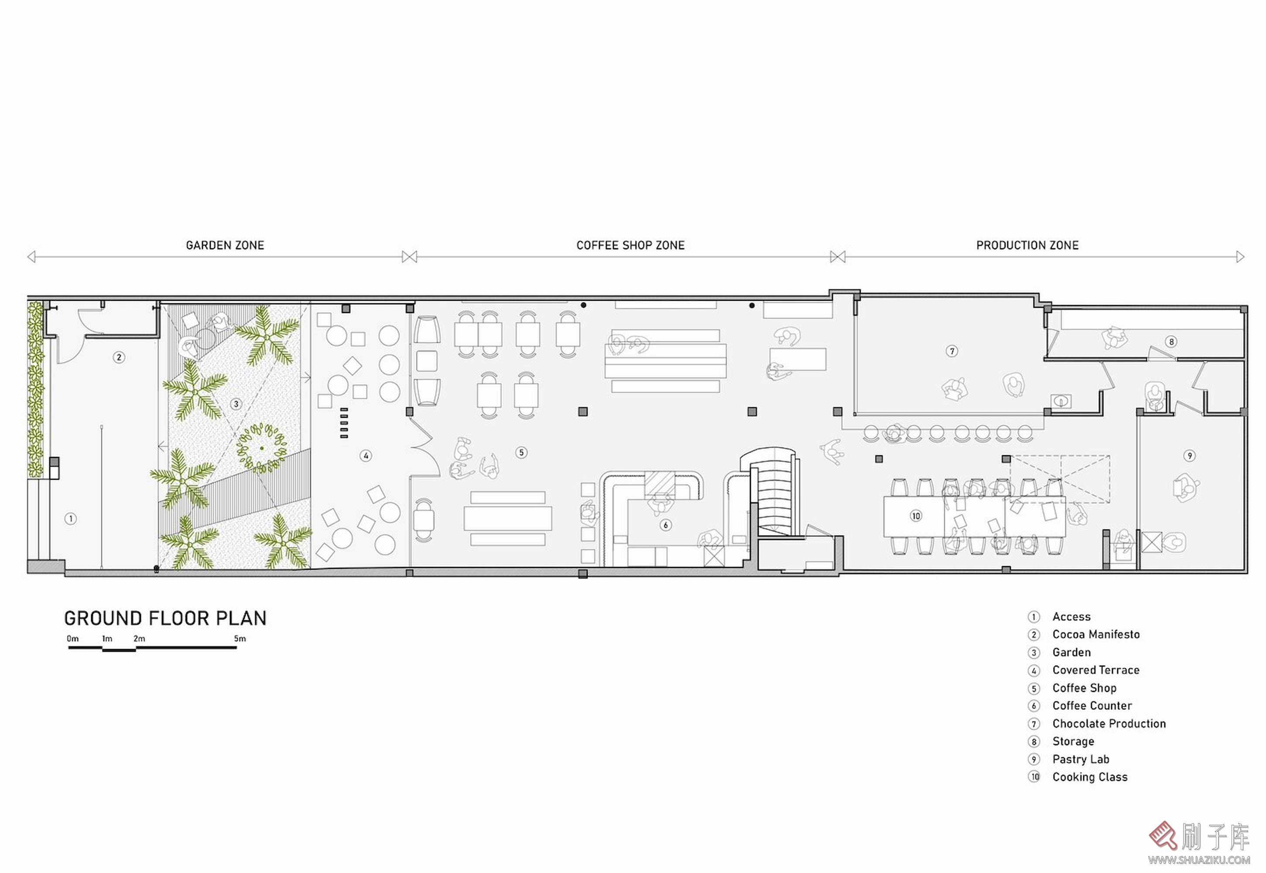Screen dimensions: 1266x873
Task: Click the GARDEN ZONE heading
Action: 225,245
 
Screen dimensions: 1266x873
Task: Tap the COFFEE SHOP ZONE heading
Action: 630,245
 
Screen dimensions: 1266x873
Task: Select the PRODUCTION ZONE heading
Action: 1027,245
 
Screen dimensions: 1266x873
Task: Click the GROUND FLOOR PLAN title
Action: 165,618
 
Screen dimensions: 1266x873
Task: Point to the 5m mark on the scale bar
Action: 240,638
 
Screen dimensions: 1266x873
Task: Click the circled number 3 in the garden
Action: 236,404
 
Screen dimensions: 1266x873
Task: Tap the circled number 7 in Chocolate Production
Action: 952,351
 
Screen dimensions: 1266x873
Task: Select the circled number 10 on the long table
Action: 916,516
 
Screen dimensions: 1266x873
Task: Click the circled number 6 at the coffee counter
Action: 665,525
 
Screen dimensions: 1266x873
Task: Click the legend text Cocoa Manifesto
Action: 1096,635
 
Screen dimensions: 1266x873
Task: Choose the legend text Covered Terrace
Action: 1096,670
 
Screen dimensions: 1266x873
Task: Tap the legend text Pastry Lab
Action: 1081,759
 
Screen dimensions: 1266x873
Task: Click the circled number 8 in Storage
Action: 1171,342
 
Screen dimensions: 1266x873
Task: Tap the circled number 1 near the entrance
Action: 71,519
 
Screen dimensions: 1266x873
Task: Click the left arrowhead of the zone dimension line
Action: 31,257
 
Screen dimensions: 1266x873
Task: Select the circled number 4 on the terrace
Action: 366,456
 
